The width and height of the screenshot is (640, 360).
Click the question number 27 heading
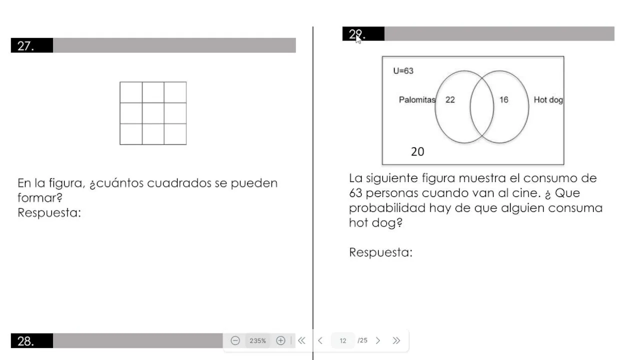pyautogui.click(x=25, y=45)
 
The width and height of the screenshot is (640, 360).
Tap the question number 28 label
pyautogui.click(x=25, y=341)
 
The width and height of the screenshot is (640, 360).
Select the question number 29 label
pyautogui.click(x=357, y=34)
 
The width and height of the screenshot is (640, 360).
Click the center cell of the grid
pyautogui.click(x=153, y=113)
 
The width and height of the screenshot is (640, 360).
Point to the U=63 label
pyautogui.click(x=403, y=71)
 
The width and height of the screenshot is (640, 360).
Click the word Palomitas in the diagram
pyautogui.click(x=417, y=99)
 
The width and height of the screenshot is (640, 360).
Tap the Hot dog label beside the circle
pyautogui.click(x=548, y=99)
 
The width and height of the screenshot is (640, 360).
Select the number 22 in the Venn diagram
pyautogui.click(x=450, y=99)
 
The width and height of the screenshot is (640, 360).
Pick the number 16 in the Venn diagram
pyautogui.click(x=503, y=99)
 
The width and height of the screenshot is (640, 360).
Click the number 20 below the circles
pyautogui.click(x=417, y=151)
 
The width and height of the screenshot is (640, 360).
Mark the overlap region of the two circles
pyautogui.click(x=482, y=107)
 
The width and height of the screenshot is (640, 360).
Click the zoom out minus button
pyautogui.click(x=235, y=340)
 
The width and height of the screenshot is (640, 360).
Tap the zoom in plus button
pyautogui.click(x=280, y=340)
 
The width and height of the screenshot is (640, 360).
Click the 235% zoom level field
pyautogui.click(x=257, y=340)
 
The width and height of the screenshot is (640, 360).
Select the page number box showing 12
pyautogui.click(x=343, y=340)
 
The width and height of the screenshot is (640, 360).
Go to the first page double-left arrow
pyautogui.click(x=301, y=340)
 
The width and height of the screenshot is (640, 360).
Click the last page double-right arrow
pyautogui.click(x=396, y=340)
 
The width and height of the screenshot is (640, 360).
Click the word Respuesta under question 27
pyautogui.click(x=49, y=213)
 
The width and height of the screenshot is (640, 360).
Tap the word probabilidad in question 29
pyautogui.click(x=387, y=207)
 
